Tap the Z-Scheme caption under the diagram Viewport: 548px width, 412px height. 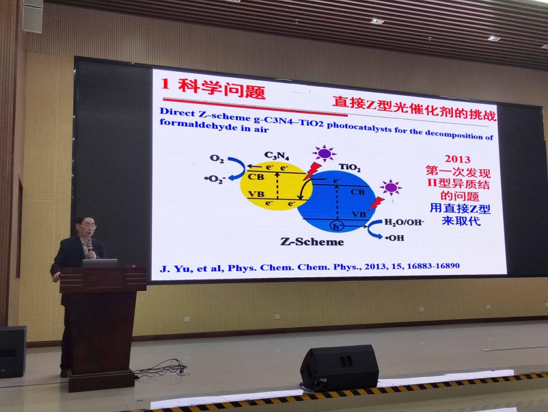pyautogui.click(x=312, y=242)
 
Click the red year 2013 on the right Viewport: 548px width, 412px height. pyautogui.click(x=457, y=159)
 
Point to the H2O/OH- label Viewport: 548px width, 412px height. pyautogui.click(x=404, y=223)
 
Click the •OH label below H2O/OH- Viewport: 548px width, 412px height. pyautogui.click(x=395, y=238)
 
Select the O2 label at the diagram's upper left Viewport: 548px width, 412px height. pyautogui.click(x=217, y=158)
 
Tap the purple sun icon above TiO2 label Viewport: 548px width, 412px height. pyautogui.click(x=324, y=154)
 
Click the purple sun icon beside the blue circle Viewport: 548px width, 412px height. pyautogui.click(x=391, y=188)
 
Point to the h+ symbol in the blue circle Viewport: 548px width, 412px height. pyautogui.click(x=337, y=226)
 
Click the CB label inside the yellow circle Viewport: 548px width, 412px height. pyautogui.click(x=256, y=177)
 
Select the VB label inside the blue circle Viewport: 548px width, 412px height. pyautogui.click(x=359, y=214)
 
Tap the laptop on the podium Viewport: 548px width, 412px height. pyautogui.click(x=100, y=263)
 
